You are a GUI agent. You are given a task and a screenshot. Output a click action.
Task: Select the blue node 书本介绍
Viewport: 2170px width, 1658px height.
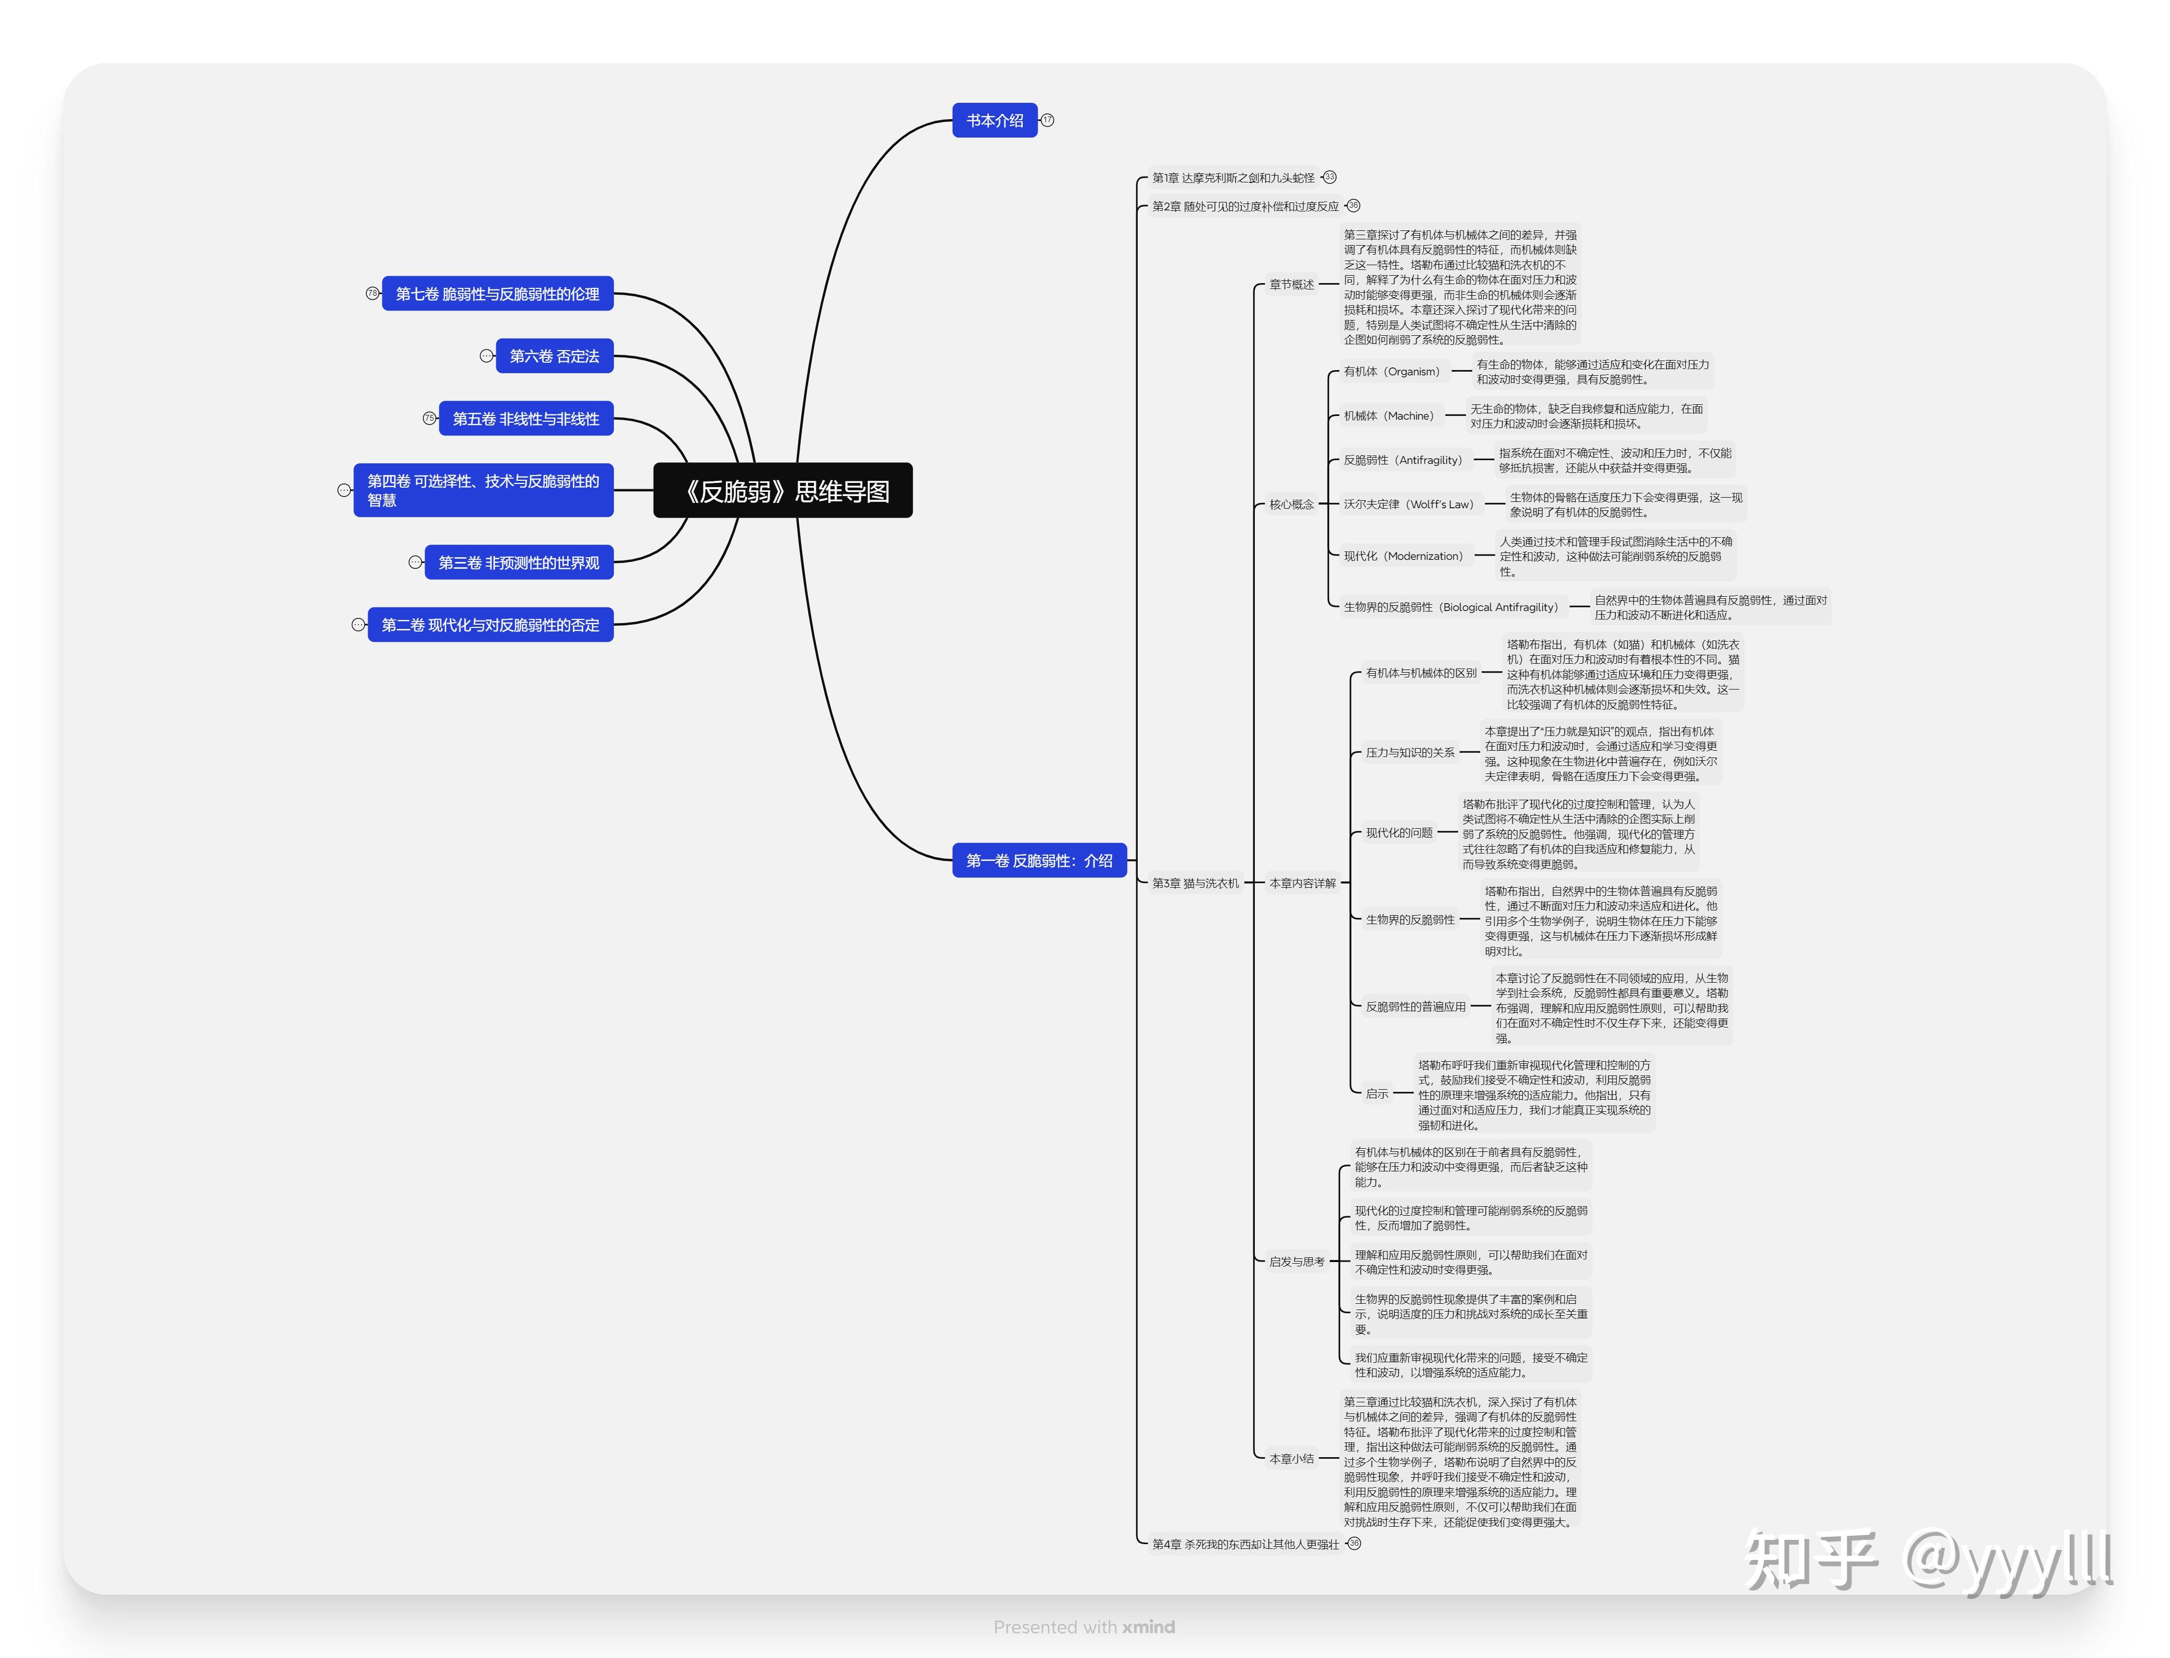994,120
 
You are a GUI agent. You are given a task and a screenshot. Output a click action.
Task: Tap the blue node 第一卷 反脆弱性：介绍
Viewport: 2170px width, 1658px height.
1039,860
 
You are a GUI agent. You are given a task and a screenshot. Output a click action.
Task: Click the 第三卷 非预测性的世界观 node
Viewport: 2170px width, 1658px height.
519,563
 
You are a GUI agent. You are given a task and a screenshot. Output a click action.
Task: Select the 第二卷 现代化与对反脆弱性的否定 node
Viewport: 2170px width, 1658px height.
491,625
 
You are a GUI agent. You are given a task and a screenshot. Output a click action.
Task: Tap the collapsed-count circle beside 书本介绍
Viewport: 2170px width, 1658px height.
1048,120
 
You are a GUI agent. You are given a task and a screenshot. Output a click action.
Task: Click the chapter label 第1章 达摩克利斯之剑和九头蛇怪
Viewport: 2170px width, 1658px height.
1233,178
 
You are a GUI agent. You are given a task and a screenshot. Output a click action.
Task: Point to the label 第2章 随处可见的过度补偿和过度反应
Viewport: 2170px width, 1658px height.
1245,206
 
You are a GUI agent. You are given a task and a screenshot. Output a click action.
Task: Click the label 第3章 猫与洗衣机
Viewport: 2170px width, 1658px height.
1195,883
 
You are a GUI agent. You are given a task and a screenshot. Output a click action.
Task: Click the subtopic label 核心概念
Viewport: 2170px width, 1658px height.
1291,505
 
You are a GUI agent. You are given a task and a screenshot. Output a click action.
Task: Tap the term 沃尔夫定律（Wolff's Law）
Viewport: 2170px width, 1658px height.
1408,505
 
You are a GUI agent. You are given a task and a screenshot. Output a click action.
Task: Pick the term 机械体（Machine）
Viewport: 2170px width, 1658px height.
1388,415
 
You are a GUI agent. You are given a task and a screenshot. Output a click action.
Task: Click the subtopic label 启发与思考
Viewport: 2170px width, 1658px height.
1297,1261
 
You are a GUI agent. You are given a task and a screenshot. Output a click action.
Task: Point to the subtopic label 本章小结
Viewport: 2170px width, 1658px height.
1291,1459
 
